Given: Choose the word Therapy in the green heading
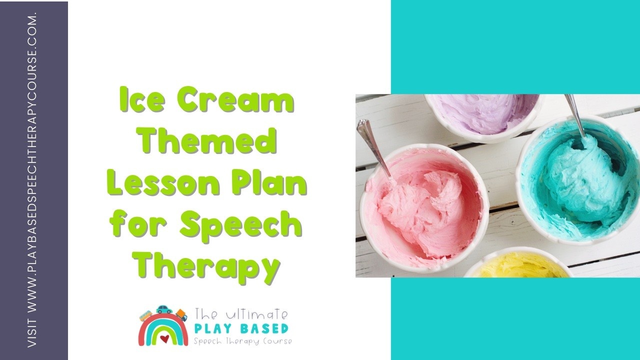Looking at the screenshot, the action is click(x=206, y=267).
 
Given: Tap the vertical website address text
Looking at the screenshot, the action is click(x=32, y=180).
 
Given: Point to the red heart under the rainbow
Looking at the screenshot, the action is click(x=164, y=339).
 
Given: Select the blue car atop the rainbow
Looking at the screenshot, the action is click(x=164, y=309).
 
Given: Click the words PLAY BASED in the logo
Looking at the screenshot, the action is click(x=241, y=329).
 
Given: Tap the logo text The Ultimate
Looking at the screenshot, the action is click(x=241, y=314).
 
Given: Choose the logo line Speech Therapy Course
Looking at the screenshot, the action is click(x=243, y=341).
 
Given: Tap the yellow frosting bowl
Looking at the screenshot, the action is click(x=518, y=264).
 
